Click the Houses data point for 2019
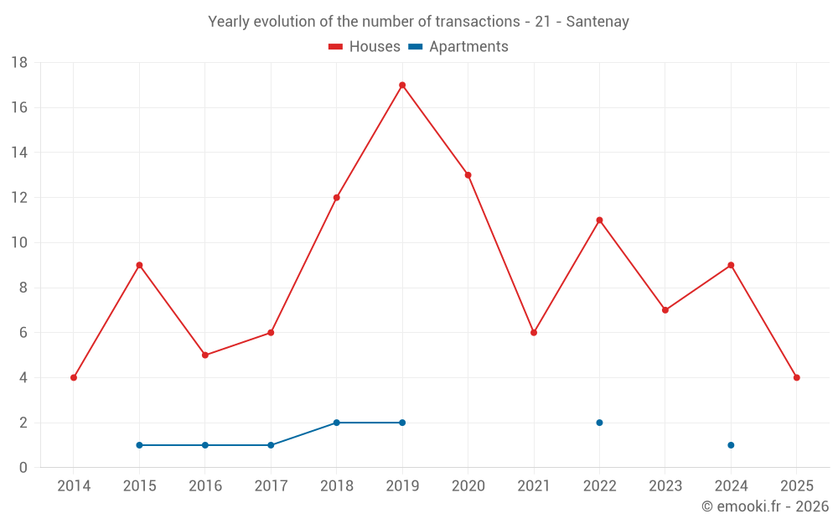402,85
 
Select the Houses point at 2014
74,377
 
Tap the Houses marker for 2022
599,220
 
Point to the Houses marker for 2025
796,377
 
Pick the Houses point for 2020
468,175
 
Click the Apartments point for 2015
139,445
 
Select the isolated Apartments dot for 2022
599,423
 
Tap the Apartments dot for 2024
731,445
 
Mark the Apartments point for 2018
336,423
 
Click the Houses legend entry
365,47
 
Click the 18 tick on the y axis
19,63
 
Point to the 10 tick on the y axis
19,243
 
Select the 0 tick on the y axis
23,468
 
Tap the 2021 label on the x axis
534,486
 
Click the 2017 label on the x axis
271,486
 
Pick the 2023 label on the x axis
665,486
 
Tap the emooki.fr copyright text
765,506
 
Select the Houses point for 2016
205,355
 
